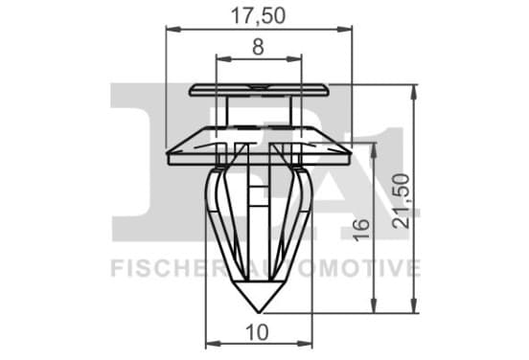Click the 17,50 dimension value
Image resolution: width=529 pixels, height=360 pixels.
point(258,16)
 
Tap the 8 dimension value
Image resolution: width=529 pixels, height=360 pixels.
point(258,47)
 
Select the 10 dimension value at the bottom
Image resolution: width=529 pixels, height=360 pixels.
point(258,332)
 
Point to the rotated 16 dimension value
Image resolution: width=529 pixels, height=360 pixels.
point(361,229)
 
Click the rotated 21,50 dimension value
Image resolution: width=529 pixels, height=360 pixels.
point(402,201)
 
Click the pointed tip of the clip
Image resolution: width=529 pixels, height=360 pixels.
point(259,312)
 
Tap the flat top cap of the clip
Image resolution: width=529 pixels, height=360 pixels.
point(259,90)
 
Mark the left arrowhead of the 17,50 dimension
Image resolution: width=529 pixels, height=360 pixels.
point(173,30)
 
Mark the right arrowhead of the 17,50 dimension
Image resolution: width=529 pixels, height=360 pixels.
point(344,30)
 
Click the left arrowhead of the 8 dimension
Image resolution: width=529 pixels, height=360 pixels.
point(223,59)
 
